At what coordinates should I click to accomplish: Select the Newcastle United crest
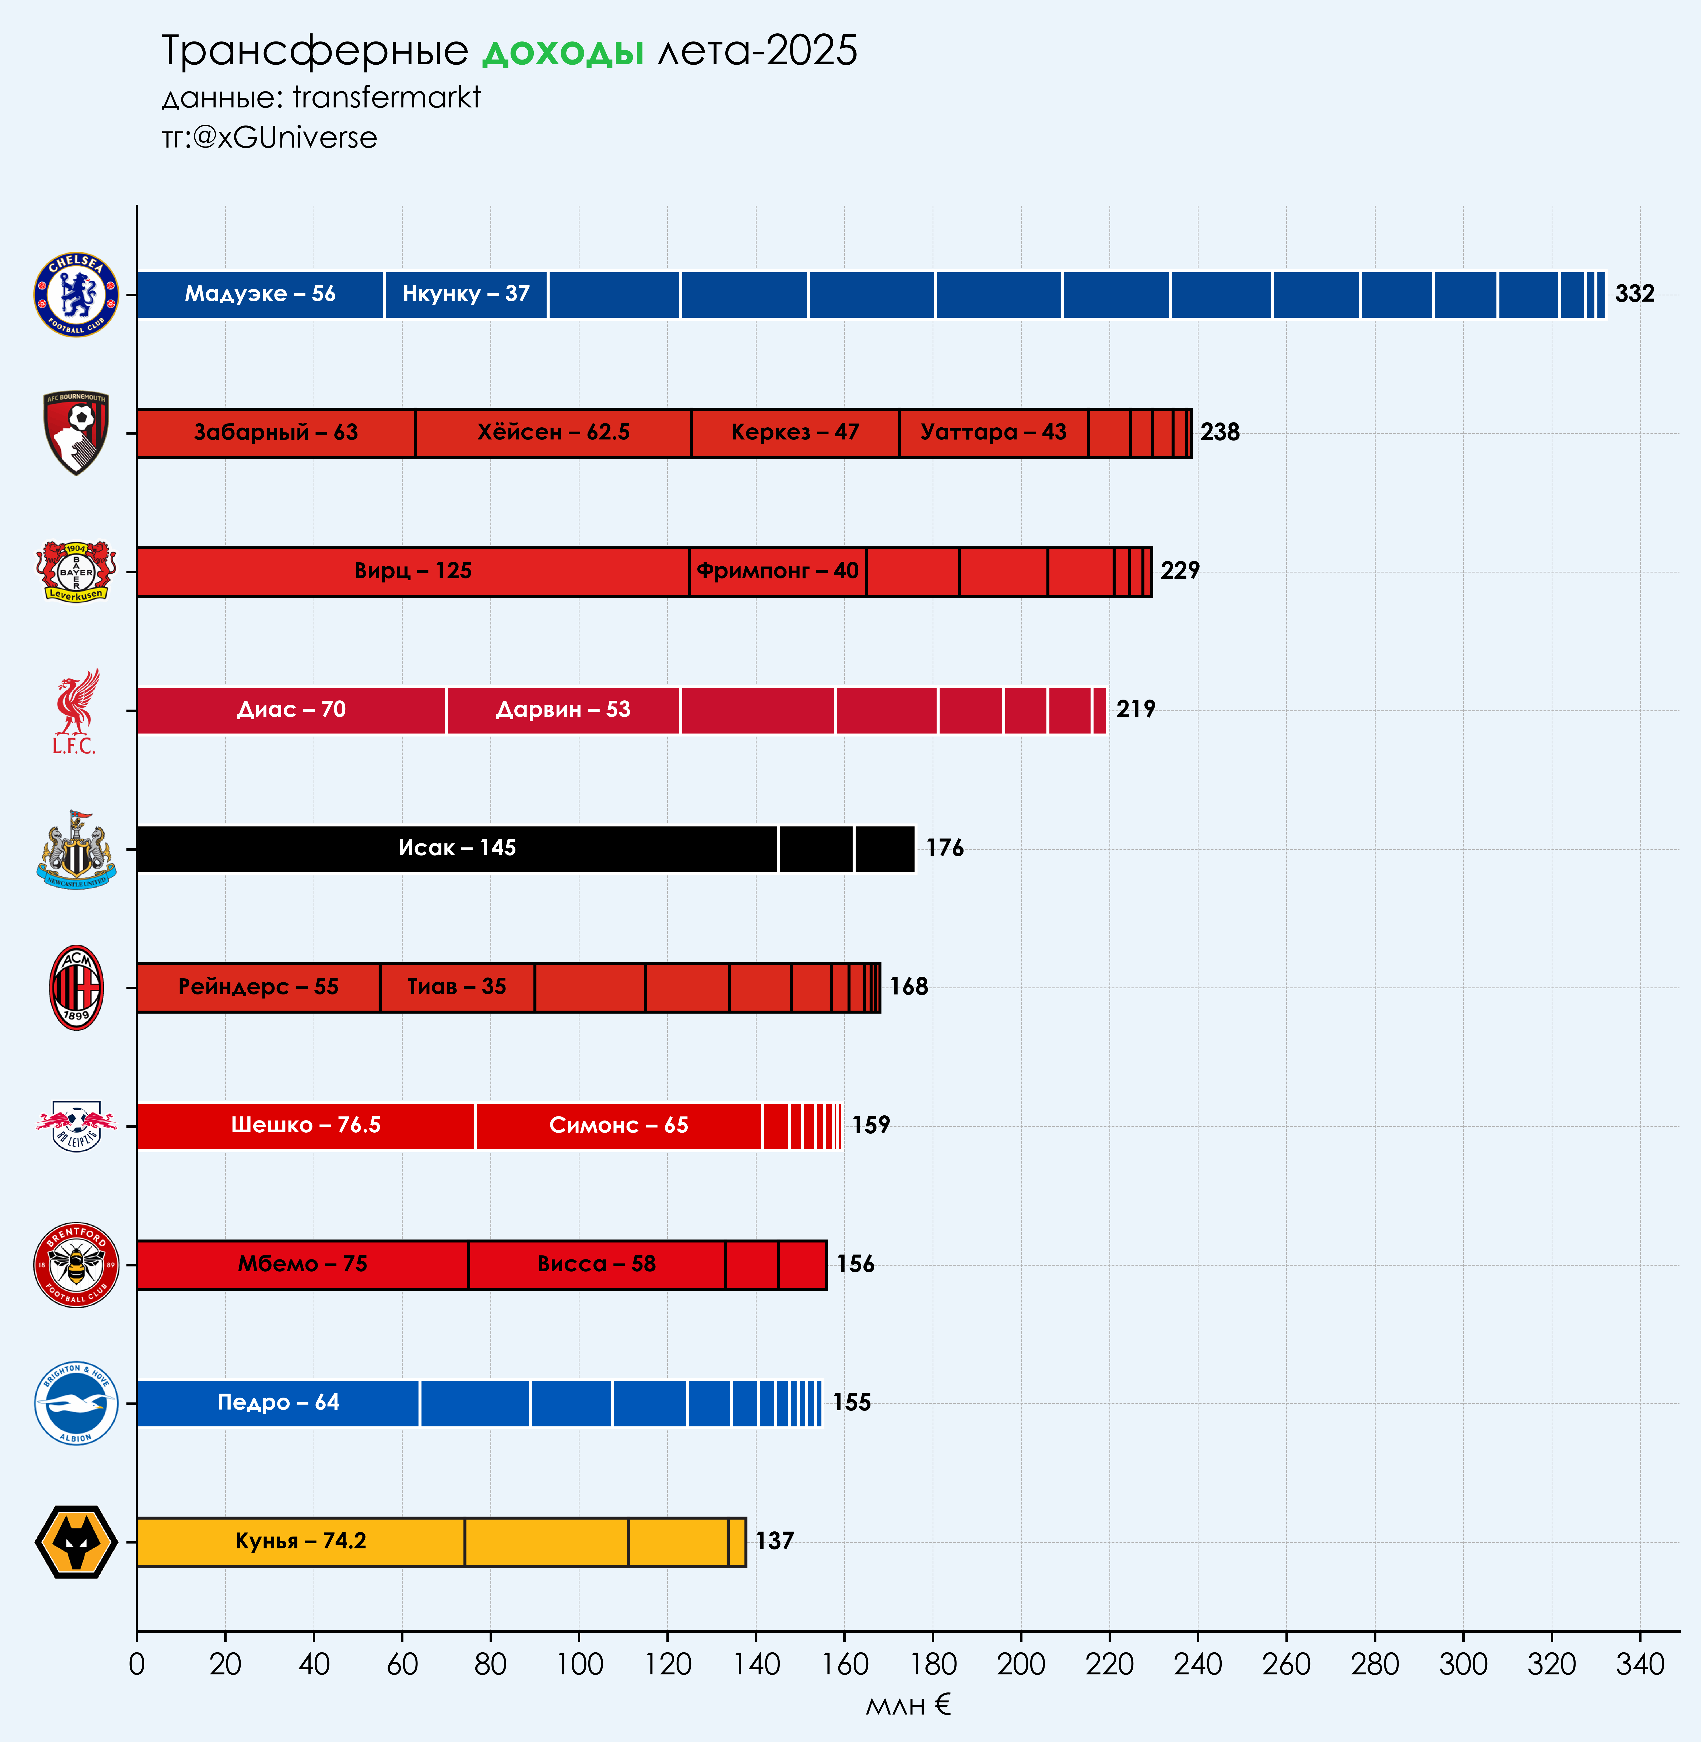76,849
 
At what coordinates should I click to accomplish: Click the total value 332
1634,294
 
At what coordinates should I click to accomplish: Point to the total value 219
1136,710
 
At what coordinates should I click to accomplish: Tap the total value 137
775,1541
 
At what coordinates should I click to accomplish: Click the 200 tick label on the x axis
1021,1664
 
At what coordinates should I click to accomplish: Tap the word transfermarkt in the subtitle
387,96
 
